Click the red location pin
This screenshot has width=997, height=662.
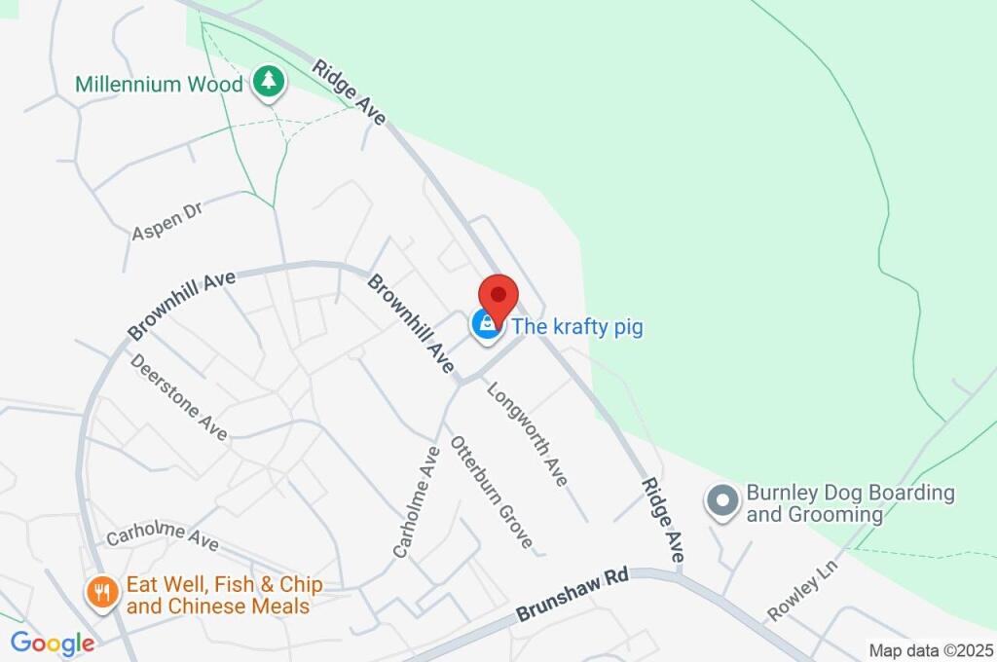click(498, 296)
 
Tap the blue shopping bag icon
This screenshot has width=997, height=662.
click(485, 324)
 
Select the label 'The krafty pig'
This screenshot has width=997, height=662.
click(577, 327)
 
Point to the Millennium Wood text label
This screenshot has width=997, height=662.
click(159, 85)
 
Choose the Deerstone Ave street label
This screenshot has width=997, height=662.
click(178, 396)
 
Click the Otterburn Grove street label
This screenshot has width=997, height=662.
click(492, 491)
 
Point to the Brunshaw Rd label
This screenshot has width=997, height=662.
click(572, 595)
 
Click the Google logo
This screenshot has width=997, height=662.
click(53, 644)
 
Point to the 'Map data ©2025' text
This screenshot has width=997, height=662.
click(931, 650)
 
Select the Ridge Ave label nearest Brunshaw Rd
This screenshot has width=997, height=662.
click(662, 519)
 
